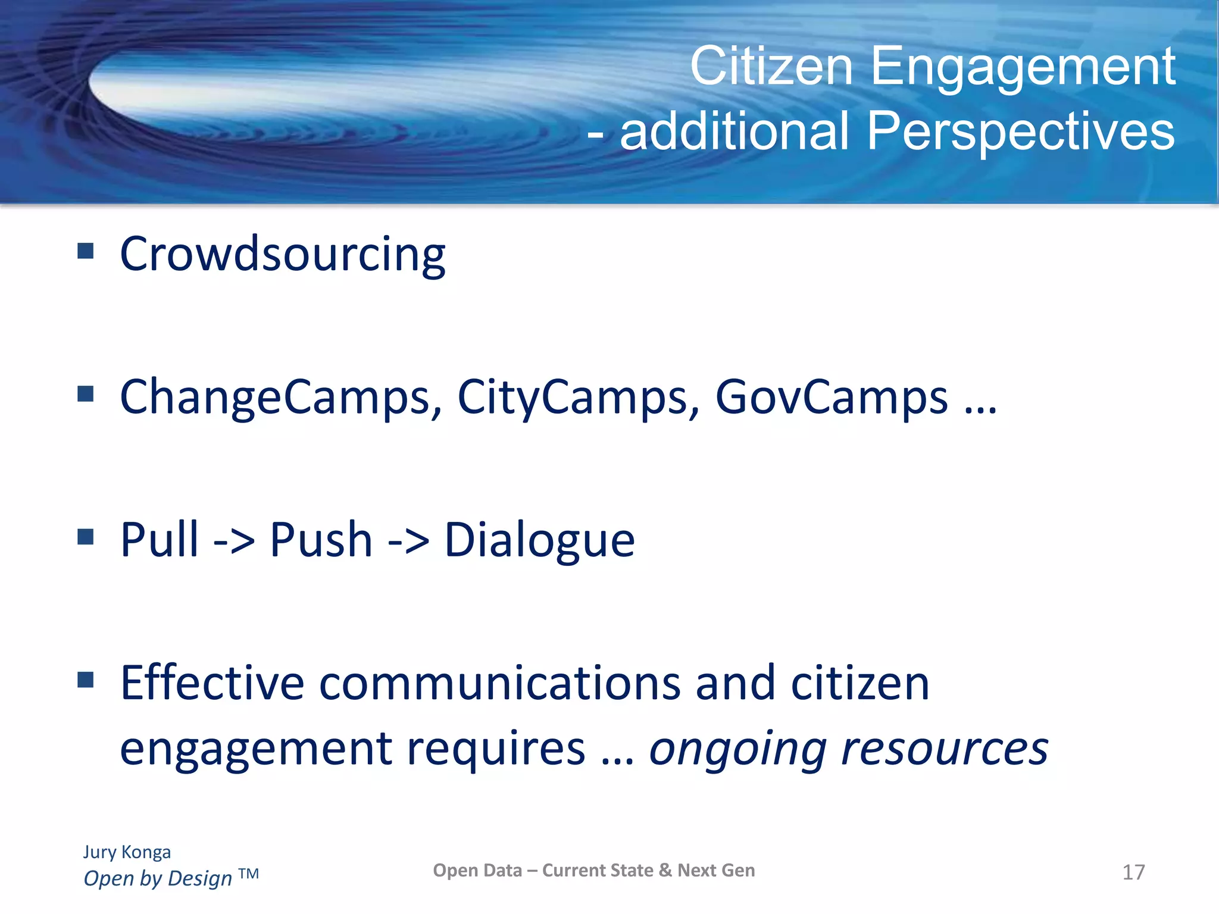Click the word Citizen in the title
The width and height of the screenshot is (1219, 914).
coord(771,67)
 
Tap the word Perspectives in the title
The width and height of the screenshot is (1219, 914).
coord(1020,132)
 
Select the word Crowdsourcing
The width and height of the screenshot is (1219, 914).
coord(282,255)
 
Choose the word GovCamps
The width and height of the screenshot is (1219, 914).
coord(831,397)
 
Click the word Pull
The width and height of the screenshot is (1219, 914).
coord(159,539)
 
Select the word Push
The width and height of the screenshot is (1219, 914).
coord(321,539)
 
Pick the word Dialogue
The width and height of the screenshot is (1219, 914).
coord(539,540)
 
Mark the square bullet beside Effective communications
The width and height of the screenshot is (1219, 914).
coord(86,679)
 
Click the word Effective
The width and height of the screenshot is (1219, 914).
coord(212,683)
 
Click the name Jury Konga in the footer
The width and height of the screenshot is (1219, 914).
coord(127,852)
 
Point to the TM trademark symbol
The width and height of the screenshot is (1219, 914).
coord(249,874)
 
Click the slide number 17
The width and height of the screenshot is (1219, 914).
coord(1133,872)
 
